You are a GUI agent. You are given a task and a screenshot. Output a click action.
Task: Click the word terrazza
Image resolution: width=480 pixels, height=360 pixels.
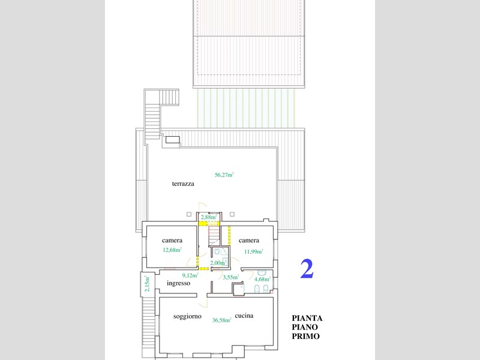click(x=183, y=184)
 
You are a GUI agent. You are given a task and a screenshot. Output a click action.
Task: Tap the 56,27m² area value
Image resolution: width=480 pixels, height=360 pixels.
click(x=224, y=175)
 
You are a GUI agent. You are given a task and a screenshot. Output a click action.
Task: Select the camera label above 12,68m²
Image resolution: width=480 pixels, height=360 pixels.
click(x=172, y=241)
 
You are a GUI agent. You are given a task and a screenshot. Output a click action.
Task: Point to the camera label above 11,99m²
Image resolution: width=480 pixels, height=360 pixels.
click(x=249, y=241)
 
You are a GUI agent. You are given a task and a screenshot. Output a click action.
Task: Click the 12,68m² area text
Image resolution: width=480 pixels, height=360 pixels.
click(x=172, y=250)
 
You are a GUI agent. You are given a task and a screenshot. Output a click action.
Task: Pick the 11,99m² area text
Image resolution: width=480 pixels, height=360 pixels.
click(x=253, y=251)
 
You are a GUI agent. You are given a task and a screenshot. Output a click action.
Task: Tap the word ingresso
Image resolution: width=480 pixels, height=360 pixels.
click(x=178, y=283)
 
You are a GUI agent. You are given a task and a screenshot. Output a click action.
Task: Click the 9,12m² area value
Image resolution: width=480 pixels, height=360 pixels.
click(x=190, y=275)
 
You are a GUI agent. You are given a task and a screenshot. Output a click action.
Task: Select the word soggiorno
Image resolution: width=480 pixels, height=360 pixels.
click(x=187, y=316)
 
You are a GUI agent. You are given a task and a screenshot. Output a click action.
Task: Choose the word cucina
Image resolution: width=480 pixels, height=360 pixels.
click(x=244, y=316)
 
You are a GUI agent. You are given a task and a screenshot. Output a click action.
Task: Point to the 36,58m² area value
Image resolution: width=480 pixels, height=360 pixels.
click(x=221, y=320)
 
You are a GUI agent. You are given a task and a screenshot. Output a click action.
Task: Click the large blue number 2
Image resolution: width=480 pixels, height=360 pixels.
click(x=307, y=269)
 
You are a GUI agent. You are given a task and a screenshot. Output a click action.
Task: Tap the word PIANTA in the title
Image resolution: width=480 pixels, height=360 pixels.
click(x=307, y=319)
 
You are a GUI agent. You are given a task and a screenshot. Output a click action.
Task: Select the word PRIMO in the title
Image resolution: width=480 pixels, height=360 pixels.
click(x=305, y=336)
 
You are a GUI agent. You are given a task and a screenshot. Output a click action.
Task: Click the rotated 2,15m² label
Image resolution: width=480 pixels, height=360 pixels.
click(x=147, y=284)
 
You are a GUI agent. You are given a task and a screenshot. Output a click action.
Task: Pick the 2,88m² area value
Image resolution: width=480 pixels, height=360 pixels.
click(x=209, y=217)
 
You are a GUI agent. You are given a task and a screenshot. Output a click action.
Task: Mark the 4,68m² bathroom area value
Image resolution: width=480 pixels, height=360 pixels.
click(x=262, y=279)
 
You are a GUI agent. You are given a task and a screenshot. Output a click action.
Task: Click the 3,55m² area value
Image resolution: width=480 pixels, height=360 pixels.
click(x=231, y=277)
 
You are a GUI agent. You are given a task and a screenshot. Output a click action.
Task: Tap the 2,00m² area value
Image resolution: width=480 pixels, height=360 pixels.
click(x=218, y=263)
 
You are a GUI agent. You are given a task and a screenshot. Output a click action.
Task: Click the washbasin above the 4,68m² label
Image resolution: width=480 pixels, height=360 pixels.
click(x=261, y=272)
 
